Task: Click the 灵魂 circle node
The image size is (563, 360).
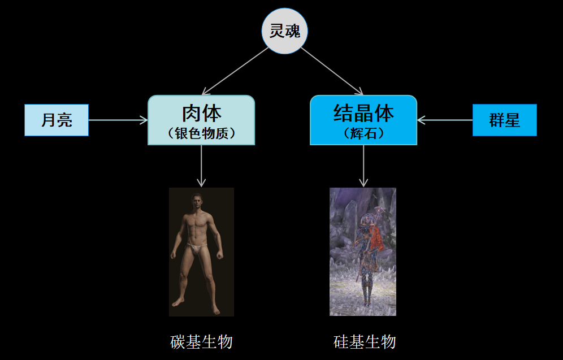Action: tap(284, 32)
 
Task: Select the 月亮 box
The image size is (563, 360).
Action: tap(57, 120)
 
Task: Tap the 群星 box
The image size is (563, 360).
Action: tap(504, 120)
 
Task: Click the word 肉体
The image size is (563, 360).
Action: tap(201, 113)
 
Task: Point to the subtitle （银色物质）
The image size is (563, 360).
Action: tap(201, 133)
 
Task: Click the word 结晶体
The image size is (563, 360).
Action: tap(363, 113)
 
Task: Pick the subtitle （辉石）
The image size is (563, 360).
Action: tap(363, 134)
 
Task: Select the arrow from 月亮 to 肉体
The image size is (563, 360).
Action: tap(118, 120)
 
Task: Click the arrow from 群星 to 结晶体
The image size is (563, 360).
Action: tap(445, 120)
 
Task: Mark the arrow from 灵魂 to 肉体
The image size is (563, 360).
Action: tap(236, 71)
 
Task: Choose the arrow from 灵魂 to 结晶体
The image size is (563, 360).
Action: tap(331, 71)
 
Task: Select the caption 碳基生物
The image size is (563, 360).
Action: tap(201, 342)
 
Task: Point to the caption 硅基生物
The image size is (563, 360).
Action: tap(364, 342)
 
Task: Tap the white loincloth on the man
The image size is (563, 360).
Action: tap(197, 248)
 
